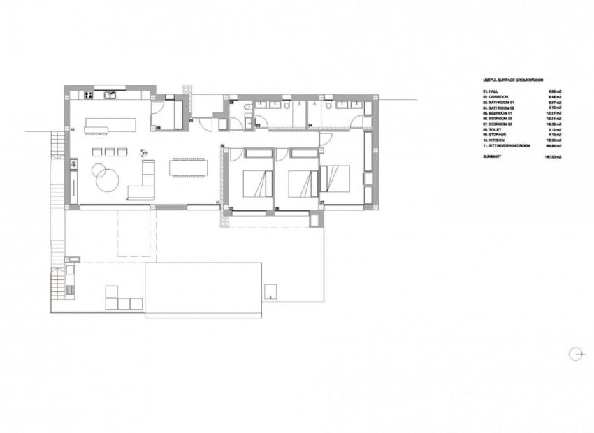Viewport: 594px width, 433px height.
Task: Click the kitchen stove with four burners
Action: tap(88, 95)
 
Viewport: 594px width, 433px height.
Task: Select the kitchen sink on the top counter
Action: tap(110, 95)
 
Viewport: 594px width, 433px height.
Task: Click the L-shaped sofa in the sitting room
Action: tap(144, 182)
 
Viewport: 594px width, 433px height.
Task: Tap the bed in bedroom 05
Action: tap(254, 184)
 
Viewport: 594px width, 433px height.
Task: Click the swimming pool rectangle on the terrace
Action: tap(203, 289)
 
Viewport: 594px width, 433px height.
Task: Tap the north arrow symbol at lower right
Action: tap(576, 353)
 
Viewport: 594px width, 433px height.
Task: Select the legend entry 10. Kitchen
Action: tap(497, 140)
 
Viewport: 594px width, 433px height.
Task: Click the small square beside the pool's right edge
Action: tap(270, 291)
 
